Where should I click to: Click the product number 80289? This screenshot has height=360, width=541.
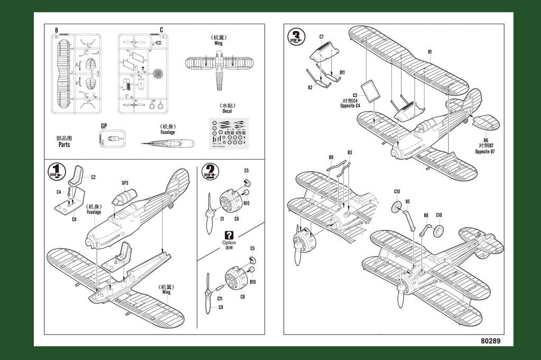tap(490, 341)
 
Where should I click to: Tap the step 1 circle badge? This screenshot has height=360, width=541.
tap(56, 173)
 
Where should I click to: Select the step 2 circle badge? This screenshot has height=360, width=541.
tap(210, 172)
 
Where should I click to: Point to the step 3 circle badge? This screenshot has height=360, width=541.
tap(296, 37)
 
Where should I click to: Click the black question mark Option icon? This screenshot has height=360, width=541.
tap(229, 235)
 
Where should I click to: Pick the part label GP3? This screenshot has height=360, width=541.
tap(125, 183)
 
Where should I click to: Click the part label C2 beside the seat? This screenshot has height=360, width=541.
tap(93, 177)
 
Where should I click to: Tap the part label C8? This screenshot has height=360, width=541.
tap(74, 219)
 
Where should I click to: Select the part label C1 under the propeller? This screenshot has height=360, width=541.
tap(222, 219)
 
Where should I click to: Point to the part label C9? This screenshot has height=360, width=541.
tap(220, 307)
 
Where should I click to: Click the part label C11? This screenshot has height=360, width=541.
tap(220, 299)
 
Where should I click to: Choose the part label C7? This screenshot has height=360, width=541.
tap(321, 36)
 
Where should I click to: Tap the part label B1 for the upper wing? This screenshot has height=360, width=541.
tap(430, 52)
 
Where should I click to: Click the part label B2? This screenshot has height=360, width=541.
tap(310, 87)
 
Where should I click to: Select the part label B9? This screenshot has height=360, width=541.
tap(331, 157)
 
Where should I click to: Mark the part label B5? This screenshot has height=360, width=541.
tap(407, 201)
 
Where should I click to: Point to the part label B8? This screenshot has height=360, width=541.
tap(426, 216)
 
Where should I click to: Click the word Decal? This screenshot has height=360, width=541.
tap(227, 111)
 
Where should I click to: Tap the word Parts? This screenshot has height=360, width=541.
tap(64, 144)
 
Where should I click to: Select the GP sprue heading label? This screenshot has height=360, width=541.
tap(104, 126)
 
